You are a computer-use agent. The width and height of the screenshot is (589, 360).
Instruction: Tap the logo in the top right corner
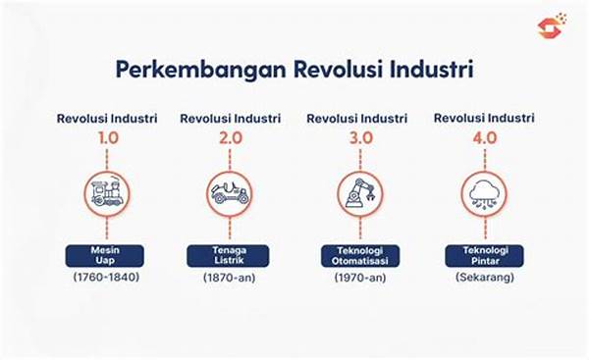[x=552, y=26]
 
